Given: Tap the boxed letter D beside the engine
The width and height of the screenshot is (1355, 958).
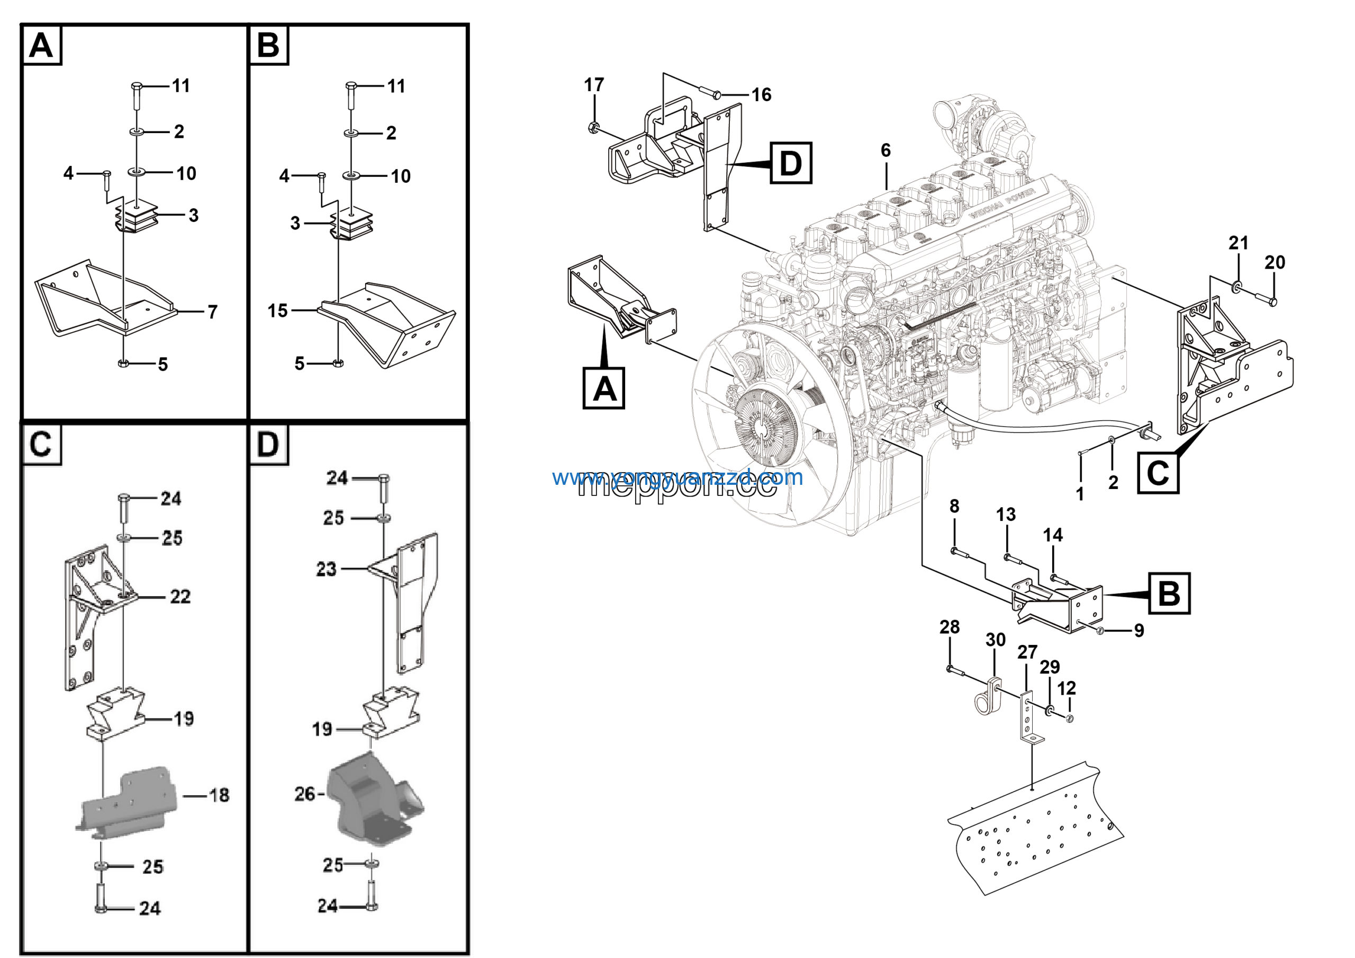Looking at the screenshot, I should pos(790,163).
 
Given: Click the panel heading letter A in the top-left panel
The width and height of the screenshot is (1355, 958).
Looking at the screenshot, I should pos(41,45).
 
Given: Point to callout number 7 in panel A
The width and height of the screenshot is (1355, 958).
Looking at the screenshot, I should pos(212,312).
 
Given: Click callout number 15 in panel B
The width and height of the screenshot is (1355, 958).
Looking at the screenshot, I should pos(277,311).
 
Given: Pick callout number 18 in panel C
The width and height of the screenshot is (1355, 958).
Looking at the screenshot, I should pos(219,795).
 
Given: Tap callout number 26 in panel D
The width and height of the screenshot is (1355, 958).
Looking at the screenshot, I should pos(304,794).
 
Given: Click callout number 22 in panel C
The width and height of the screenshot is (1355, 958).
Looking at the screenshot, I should pos(180,597).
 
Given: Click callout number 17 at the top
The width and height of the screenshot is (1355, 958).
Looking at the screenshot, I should pos(594,85).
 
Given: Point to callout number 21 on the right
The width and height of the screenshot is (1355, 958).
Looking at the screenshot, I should pos(1238,243).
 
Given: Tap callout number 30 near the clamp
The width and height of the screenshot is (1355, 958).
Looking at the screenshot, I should pos(996,640).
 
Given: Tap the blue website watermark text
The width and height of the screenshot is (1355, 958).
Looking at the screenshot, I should pos(677,477).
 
